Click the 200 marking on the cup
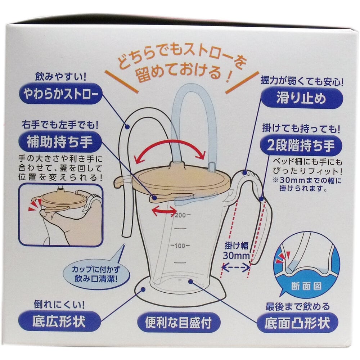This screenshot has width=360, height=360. (x=180, y=216)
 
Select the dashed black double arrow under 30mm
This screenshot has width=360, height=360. (x=236, y=267)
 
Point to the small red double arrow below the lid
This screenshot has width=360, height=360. (x=164, y=211)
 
